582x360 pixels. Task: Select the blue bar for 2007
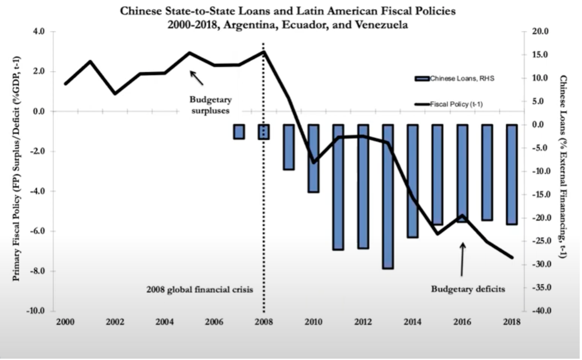click(x=239, y=132)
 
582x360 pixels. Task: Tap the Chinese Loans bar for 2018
click(x=512, y=174)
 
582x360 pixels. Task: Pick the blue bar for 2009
click(x=288, y=147)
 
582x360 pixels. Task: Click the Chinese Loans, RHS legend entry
click(x=461, y=79)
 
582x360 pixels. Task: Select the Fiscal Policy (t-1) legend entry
click(x=456, y=105)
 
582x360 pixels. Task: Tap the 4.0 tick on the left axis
click(x=38, y=32)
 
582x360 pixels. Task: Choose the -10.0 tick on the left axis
click(x=36, y=311)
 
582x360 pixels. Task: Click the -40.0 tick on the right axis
click(x=539, y=311)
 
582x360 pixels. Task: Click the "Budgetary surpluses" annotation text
click(x=210, y=105)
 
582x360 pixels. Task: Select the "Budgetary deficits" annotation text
click(x=468, y=289)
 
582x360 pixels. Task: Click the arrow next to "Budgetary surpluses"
click(x=196, y=78)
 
